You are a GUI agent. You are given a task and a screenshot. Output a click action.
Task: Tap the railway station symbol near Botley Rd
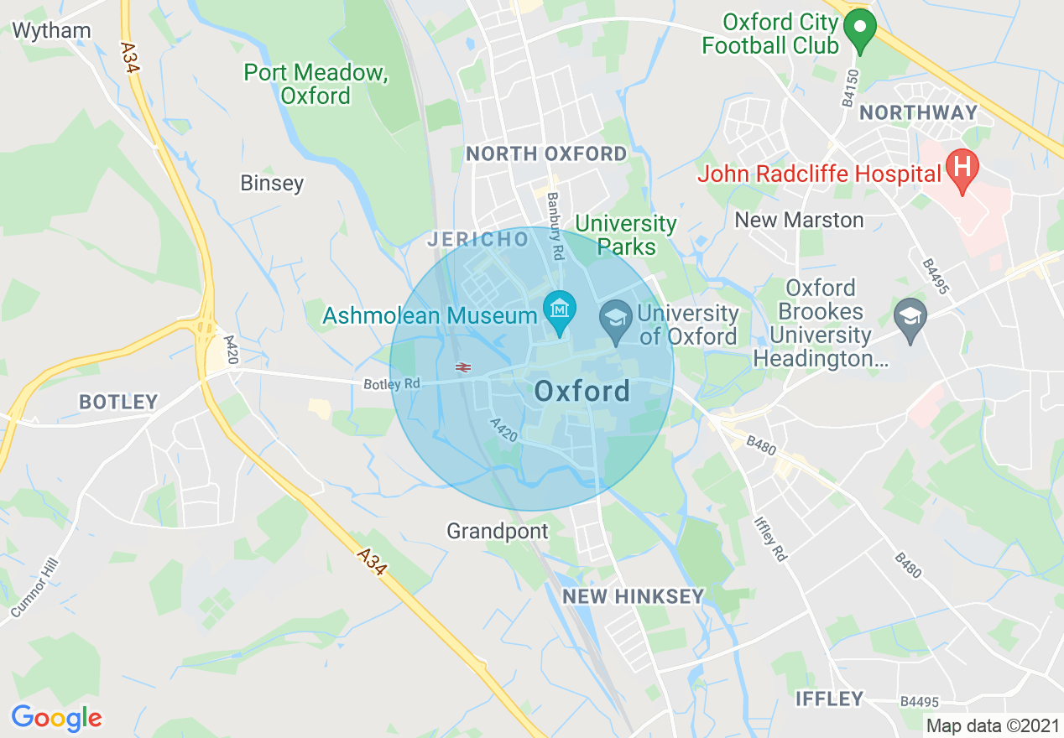point(462,366)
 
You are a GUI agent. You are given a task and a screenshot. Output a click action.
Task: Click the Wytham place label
point(51,31)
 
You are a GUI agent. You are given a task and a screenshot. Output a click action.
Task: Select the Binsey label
point(272,183)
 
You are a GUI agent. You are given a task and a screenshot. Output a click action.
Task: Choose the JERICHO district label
point(478,240)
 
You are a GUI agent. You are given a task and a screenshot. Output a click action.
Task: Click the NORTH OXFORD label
point(546,153)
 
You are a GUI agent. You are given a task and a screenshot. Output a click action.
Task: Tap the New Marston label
point(799,220)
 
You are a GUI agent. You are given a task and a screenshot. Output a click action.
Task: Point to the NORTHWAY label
point(919,112)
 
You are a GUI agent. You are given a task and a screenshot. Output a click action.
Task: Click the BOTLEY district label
point(118,402)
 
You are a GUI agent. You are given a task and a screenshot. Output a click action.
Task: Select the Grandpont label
point(498,531)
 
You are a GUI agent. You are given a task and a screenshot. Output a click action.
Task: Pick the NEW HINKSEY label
point(633,596)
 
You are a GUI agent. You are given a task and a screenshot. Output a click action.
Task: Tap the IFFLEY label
point(830,699)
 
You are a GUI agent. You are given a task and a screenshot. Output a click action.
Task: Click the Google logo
point(56,718)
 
